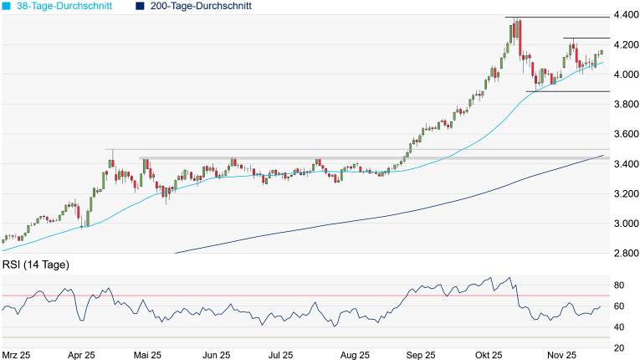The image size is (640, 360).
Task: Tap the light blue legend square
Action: click(x=7, y=6)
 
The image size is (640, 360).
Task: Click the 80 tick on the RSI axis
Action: click(x=621, y=285)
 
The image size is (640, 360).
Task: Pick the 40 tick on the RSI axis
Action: click(x=621, y=327)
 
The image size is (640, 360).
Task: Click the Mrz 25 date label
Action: click(x=17, y=355)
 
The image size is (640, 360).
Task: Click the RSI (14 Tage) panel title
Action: click(x=35, y=265)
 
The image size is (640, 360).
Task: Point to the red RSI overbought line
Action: click(x=251, y=296)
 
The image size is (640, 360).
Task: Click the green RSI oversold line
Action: click(x=251, y=337)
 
